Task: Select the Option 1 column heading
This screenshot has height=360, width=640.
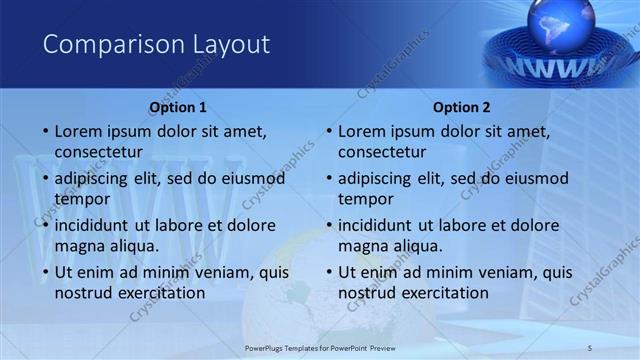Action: [178, 107]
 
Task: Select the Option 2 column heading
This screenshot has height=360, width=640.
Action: [461, 107]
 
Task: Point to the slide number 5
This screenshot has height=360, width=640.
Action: [591, 346]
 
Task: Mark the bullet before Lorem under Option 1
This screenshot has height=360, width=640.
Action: [44, 131]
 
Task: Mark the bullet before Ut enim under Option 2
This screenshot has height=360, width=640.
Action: [327, 272]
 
